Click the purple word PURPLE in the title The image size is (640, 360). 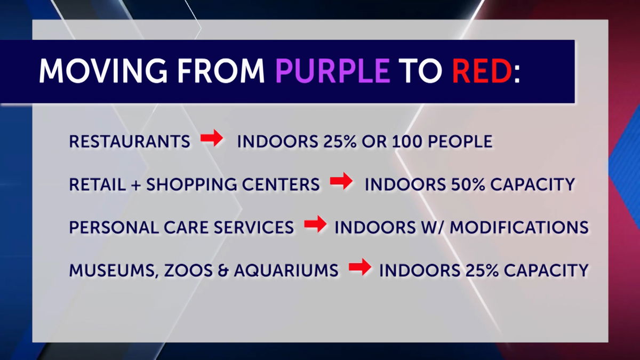(x=333, y=70)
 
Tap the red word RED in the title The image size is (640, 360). (x=482, y=70)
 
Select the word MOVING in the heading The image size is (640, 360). (x=102, y=70)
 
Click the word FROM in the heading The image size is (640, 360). (x=221, y=70)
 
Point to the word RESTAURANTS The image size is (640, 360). (x=130, y=141)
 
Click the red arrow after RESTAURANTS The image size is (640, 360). (x=212, y=138)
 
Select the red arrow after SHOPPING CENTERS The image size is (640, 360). (x=341, y=181)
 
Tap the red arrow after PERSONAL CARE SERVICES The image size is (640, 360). (x=315, y=224)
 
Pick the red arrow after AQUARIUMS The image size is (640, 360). (x=360, y=267)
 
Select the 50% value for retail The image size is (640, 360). (x=468, y=185)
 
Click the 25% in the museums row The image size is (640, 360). (x=482, y=270)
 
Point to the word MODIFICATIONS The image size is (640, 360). (x=519, y=227)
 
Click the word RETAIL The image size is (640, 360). (x=98, y=185)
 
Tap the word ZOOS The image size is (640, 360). (x=188, y=270)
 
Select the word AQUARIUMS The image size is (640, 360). (x=286, y=270)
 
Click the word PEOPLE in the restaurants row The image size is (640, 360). (x=460, y=141)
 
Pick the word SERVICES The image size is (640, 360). (x=254, y=227)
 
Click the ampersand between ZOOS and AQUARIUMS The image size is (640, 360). (x=223, y=270)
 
